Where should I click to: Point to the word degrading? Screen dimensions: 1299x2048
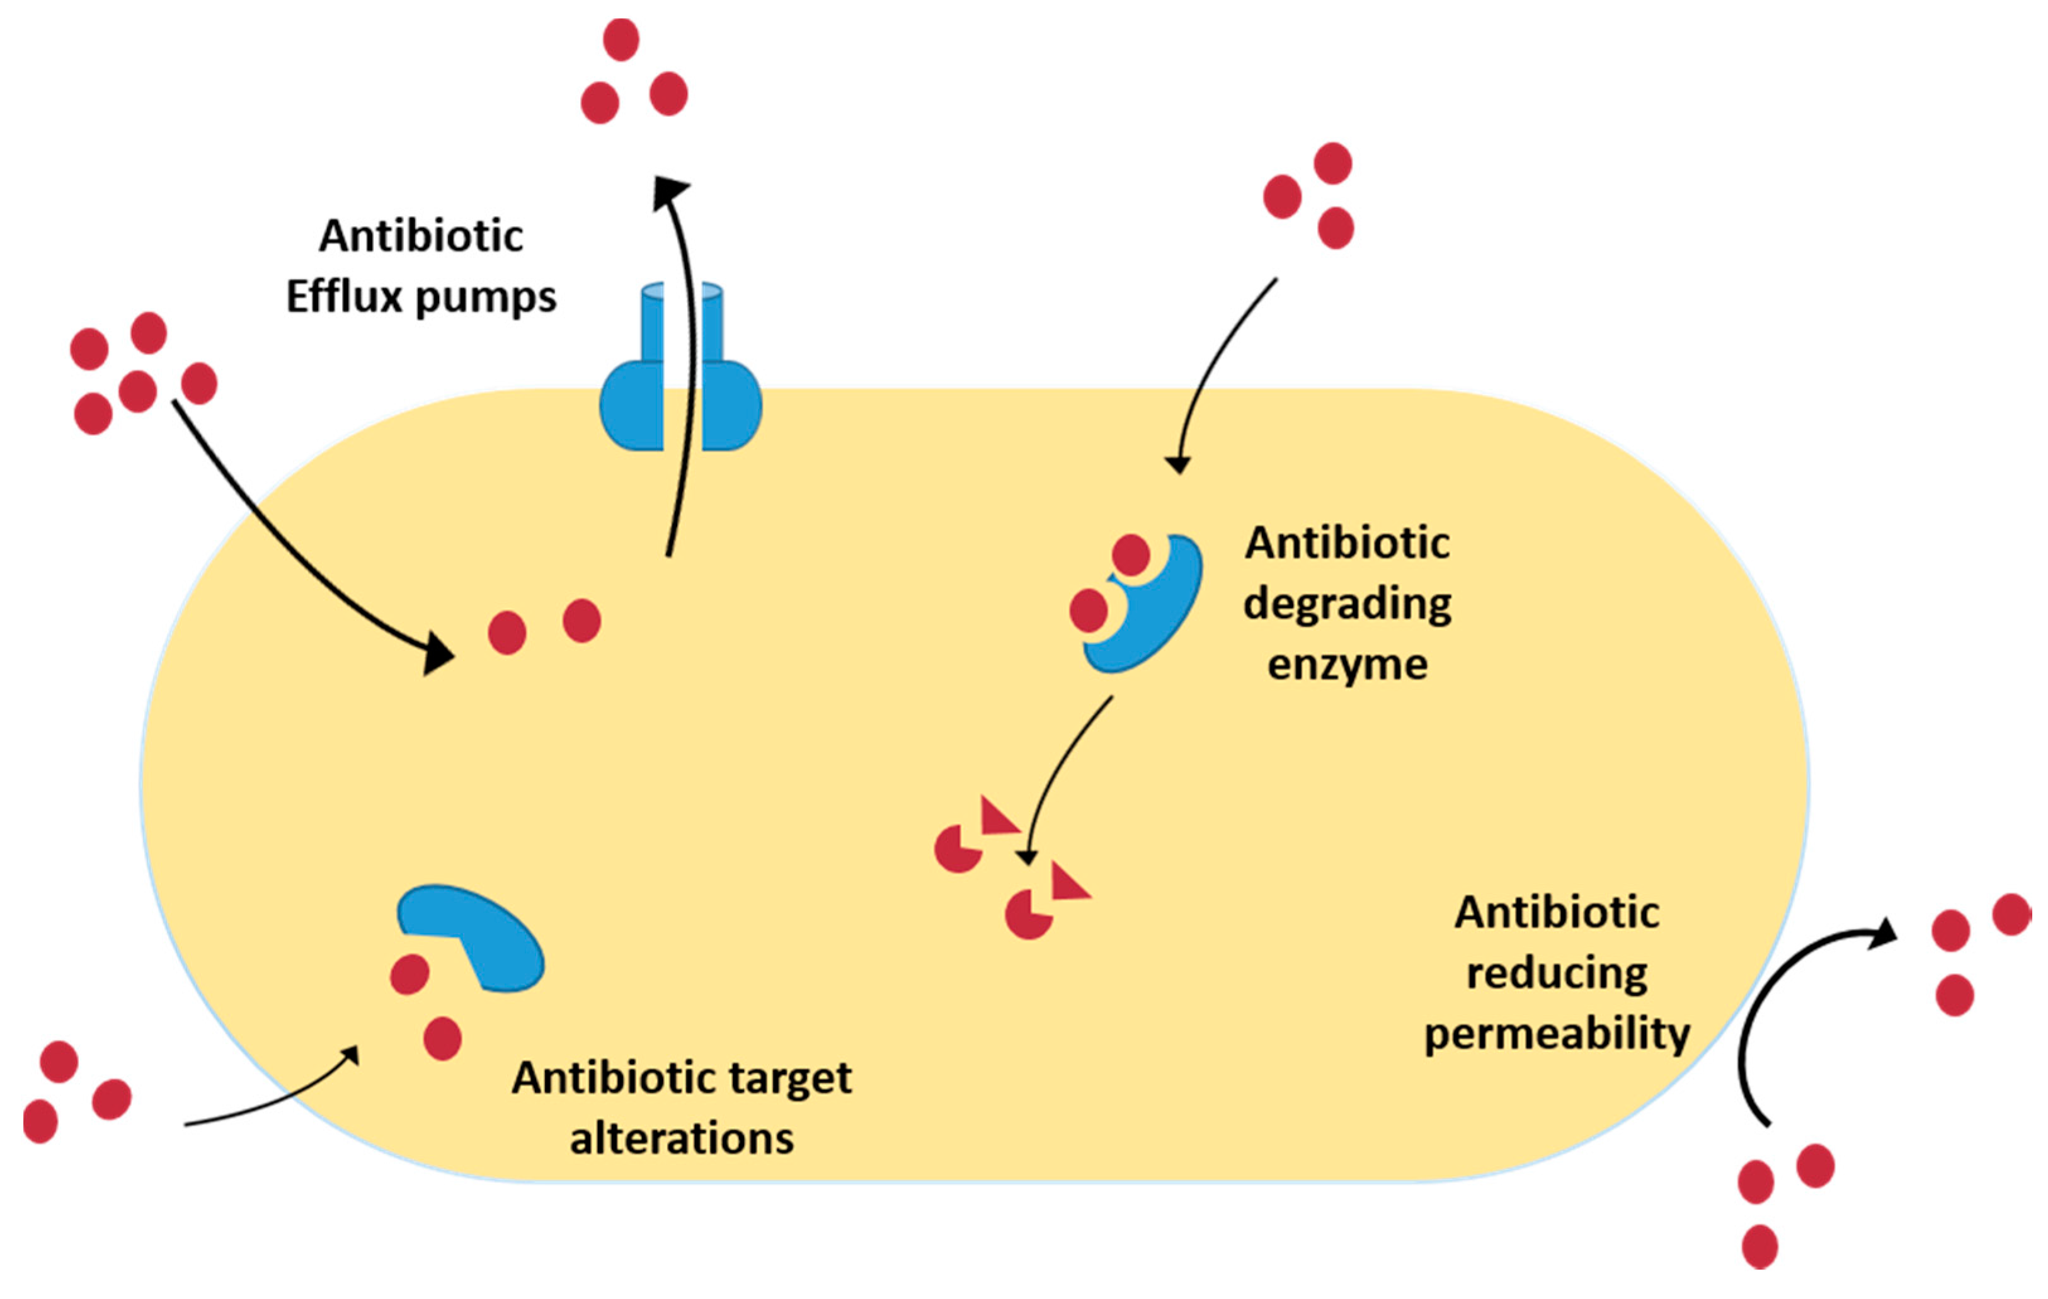coord(1347,605)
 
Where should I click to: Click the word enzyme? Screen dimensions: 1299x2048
coord(1347,665)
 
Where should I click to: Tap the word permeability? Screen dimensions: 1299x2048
coord(1557,1035)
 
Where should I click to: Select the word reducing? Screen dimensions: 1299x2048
coord(1557,974)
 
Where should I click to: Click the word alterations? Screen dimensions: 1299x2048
coord(681,1138)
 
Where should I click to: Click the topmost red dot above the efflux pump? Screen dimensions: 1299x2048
coord(621,39)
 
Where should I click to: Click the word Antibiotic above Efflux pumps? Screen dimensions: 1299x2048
coord(421,236)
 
